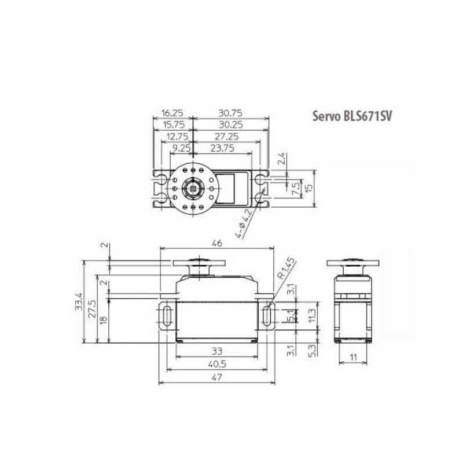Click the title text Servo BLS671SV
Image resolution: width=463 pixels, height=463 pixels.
pyautogui.click(x=352, y=116)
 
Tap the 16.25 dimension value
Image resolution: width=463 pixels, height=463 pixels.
pyautogui.click(x=172, y=113)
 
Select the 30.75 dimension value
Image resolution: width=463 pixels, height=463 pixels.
pyautogui.click(x=230, y=113)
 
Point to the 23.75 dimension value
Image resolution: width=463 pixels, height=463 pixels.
pyautogui.click(x=222, y=148)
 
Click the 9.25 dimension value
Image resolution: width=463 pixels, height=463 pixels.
pyautogui.click(x=182, y=148)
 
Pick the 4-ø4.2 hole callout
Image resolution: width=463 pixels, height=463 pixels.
pyautogui.click(x=244, y=223)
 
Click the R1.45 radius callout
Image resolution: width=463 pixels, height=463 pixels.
pyautogui.click(x=286, y=269)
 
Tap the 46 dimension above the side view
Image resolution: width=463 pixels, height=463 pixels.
pyautogui.click(x=216, y=243)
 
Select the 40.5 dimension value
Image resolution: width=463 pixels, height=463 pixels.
pyautogui.click(x=217, y=364)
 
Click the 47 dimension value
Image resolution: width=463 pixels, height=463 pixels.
pyautogui.click(x=216, y=377)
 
